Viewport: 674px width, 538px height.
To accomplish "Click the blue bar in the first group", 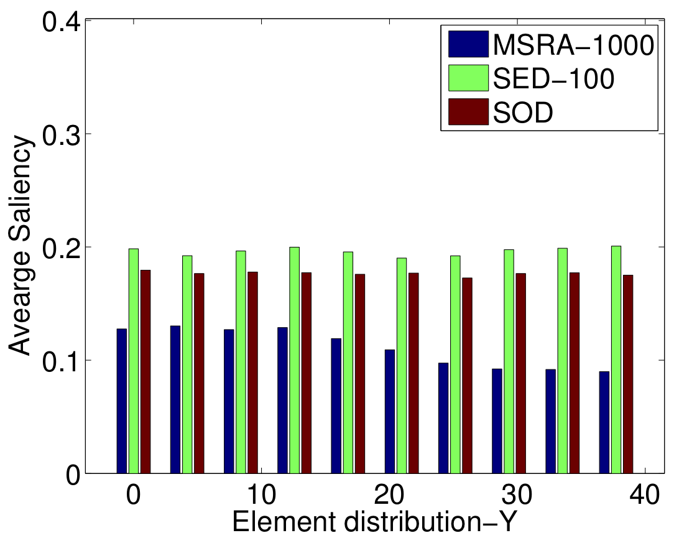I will [x=122, y=401].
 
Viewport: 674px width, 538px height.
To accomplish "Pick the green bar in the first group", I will [x=134, y=361].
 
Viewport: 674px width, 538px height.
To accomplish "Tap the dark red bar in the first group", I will [x=145, y=371].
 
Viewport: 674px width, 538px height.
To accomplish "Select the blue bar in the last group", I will [x=604, y=422].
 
